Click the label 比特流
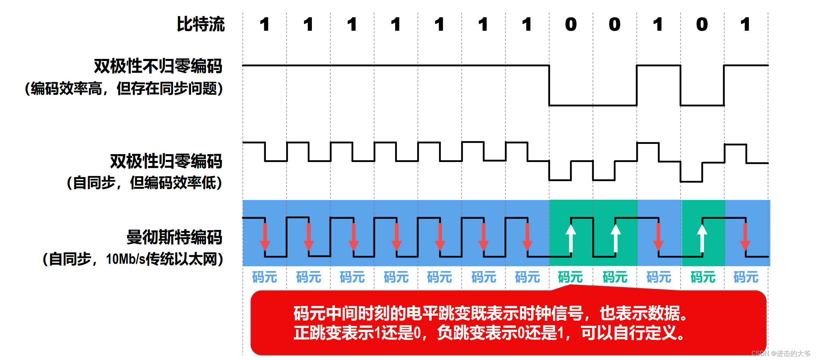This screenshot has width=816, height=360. tap(200, 24)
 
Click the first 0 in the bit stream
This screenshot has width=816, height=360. tap(571, 24)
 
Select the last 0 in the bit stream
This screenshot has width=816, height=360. tap(702, 24)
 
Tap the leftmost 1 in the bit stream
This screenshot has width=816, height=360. tap(264, 24)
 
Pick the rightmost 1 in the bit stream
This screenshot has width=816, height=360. tap(745, 24)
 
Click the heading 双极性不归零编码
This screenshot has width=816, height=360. tap(158, 66)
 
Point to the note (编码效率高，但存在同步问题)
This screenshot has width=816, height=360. tap(124, 88)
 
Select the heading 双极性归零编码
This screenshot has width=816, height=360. tap(166, 161)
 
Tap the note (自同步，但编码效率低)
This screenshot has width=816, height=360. tap(144, 183)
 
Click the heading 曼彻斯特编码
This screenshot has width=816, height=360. tap(174, 237)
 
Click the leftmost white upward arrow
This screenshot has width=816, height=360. tap(571, 238)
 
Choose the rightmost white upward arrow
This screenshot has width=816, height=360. tap(702, 238)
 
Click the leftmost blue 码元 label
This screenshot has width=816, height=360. tap(265, 277)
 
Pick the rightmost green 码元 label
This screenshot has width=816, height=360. tap(703, 277)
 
